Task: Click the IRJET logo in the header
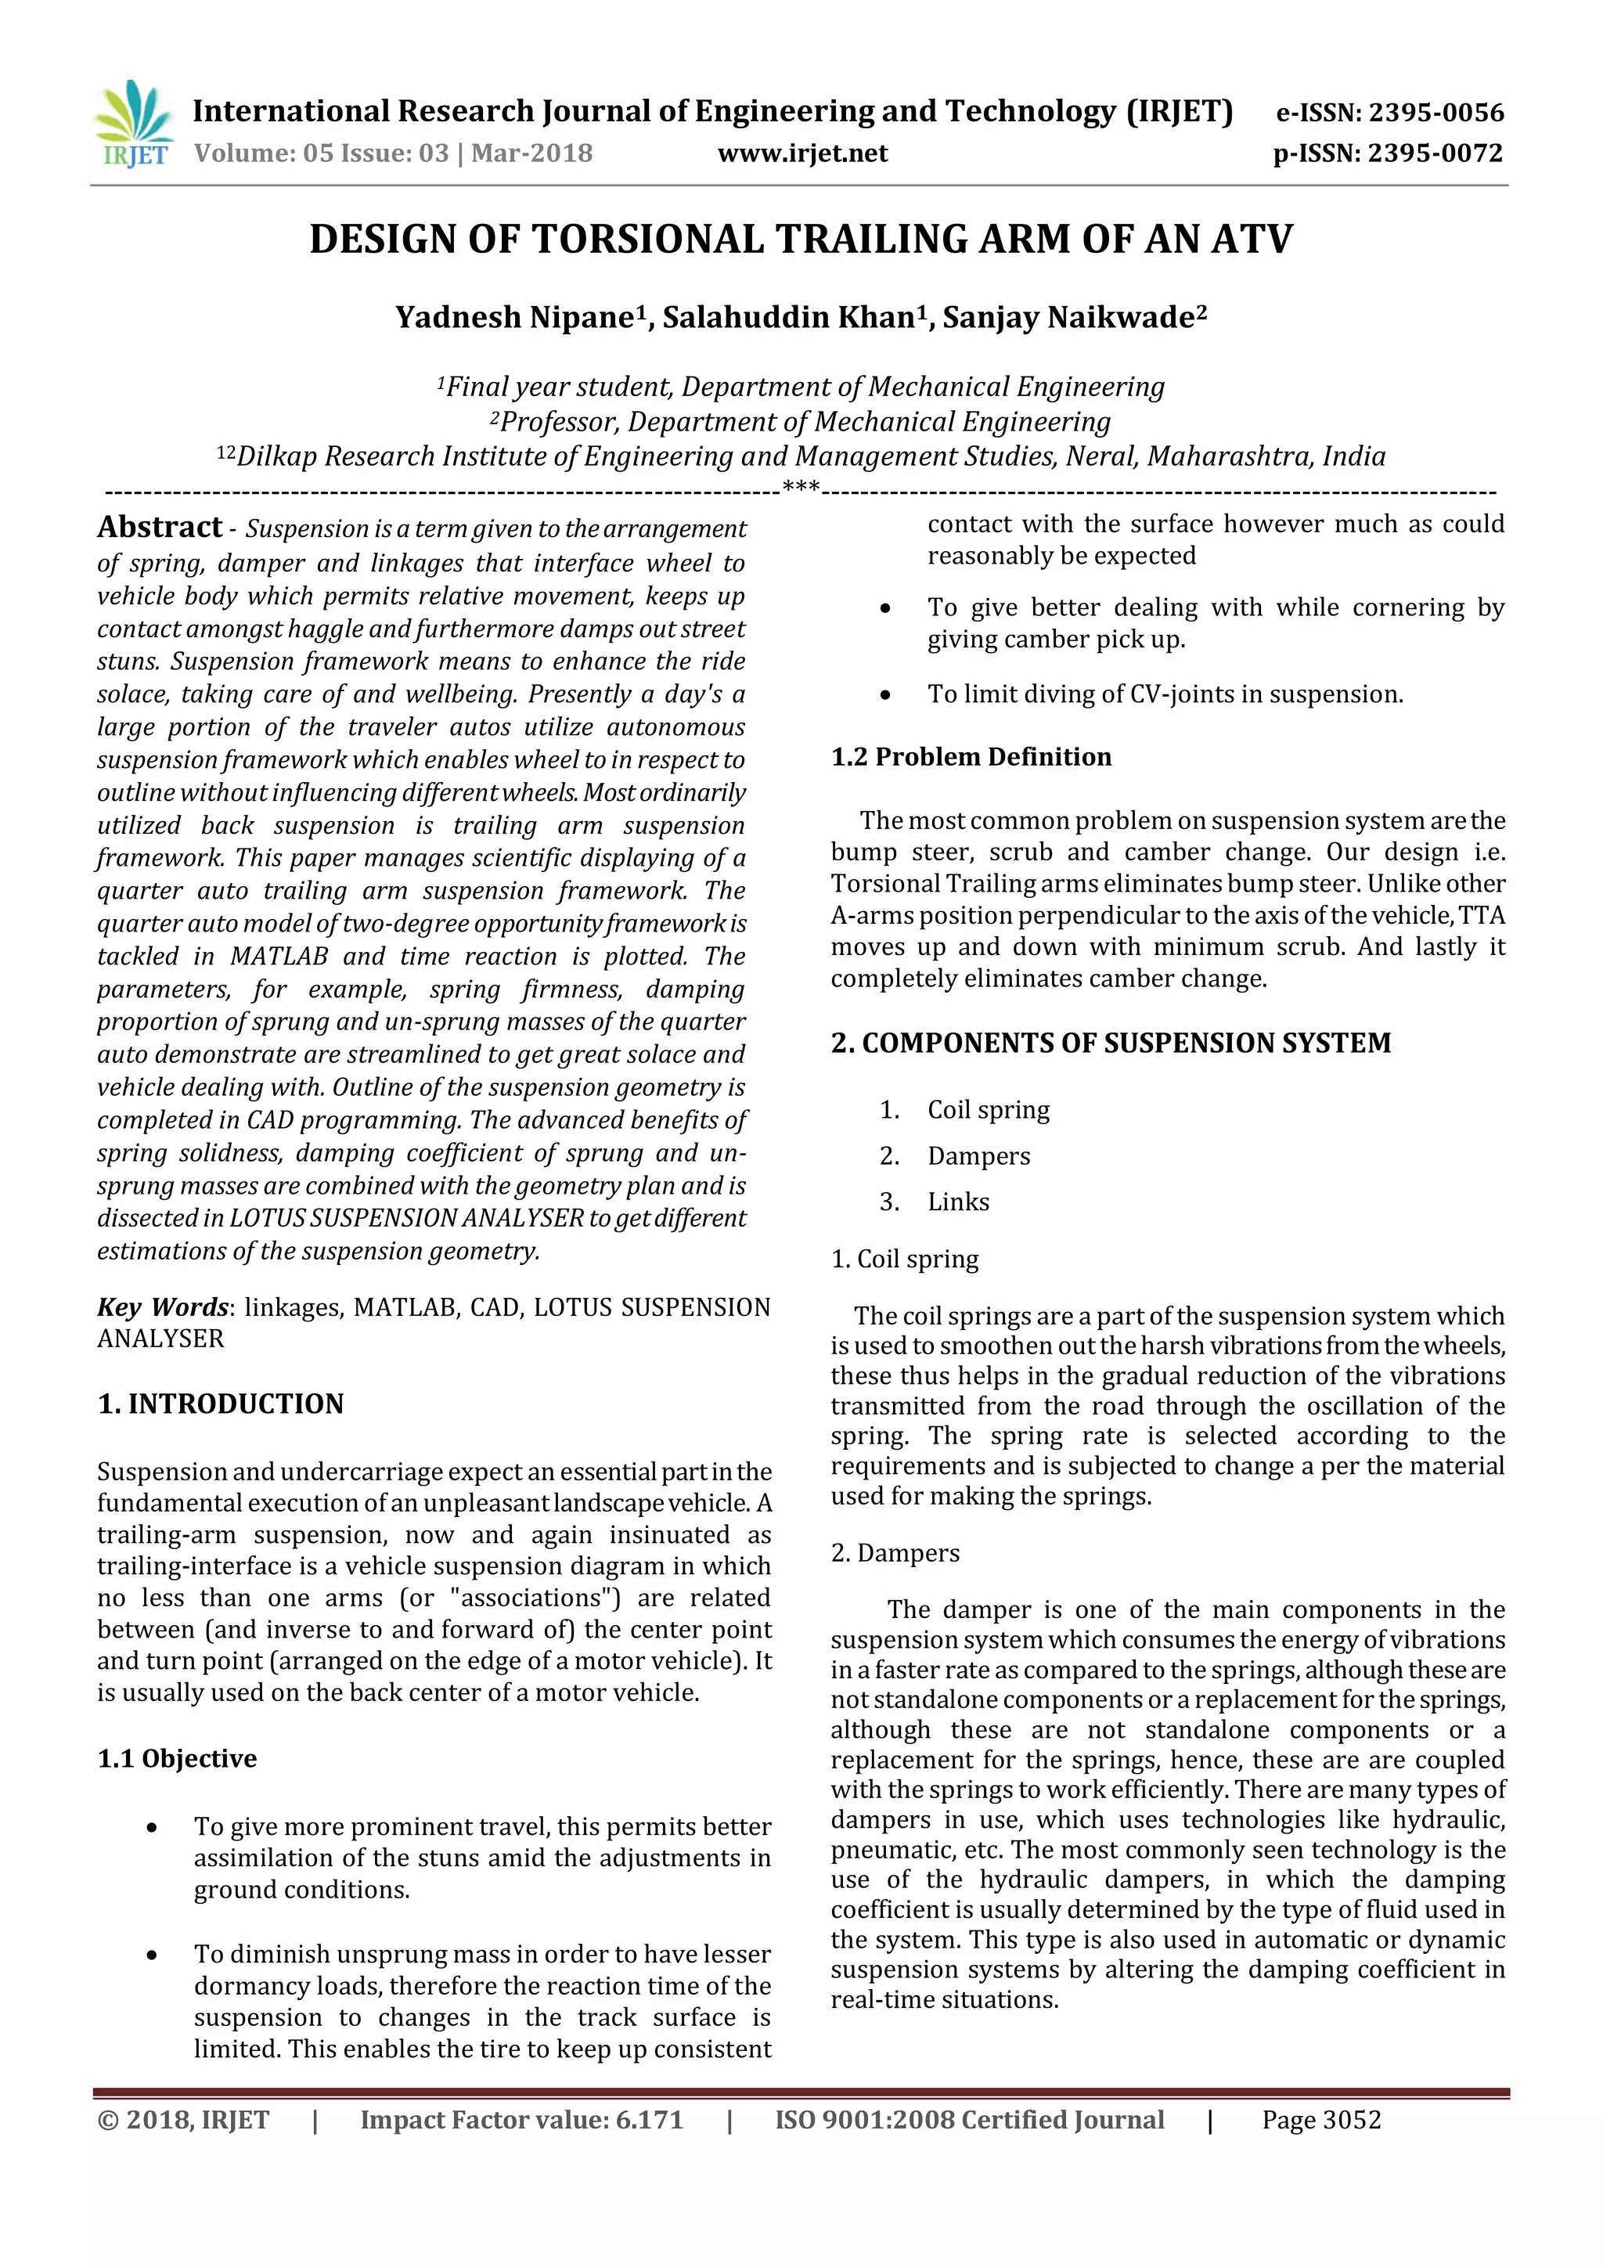coord(133,125)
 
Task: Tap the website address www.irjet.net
coord(801,153)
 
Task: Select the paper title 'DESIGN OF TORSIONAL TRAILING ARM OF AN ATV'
coord(801,240)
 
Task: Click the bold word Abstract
coord(160,528)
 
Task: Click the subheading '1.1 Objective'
coord(177,1757)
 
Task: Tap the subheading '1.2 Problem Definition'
coord(971,756)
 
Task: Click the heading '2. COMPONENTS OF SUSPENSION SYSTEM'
coord(1111,1043)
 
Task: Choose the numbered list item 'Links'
coord(957,1202)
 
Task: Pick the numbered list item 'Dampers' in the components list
coord(978,1155)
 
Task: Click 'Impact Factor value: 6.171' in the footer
coord(521,2120)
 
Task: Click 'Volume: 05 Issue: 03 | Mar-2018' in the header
coord(393,153)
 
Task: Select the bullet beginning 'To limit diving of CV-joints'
coord(1165,694)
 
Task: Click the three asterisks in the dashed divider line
coord(801,487)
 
